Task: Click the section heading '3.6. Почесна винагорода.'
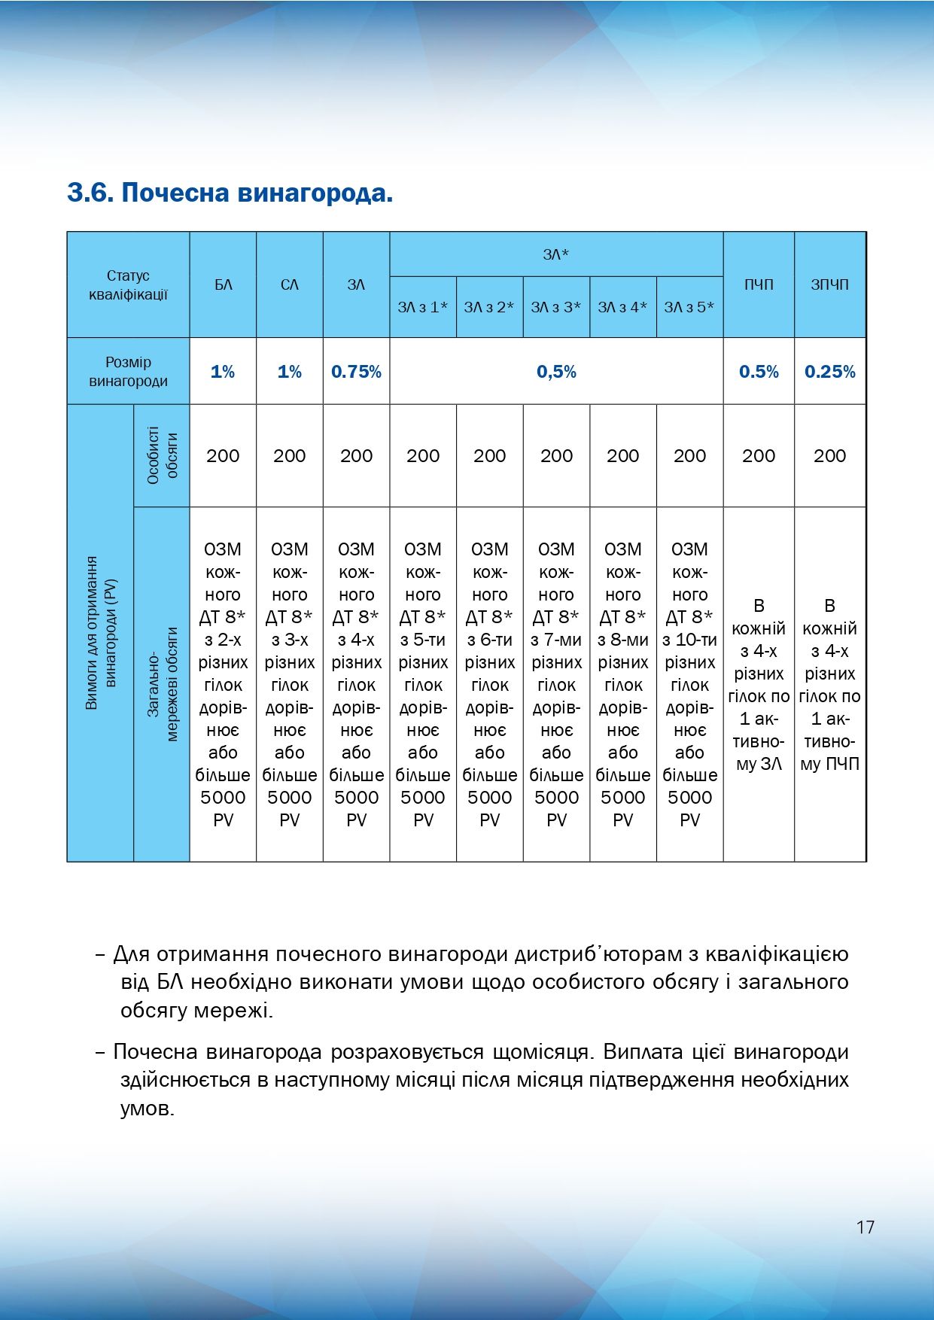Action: point(230,193)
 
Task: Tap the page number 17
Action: point(865,1227)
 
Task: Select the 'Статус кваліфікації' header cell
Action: point(128,285)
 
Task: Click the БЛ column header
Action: point(223,285)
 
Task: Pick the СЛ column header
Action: point(290,285)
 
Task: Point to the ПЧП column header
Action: point(759,285)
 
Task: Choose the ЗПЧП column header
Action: point(829,285)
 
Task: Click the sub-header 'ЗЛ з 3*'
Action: point(556,307)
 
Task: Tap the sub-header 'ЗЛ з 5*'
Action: point(689,307)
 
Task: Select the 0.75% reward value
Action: point(356,372)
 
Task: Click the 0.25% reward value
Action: point(829,372)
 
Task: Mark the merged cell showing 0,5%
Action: point(556,372)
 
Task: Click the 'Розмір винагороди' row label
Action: point(128,372)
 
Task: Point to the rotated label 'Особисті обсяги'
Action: point(162,456)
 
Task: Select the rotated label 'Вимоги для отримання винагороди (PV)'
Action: point(101,633)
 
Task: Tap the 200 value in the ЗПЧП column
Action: point(829,456)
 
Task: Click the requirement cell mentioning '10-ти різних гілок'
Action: point(689,684)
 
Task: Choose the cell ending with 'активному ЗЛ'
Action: point(759,684)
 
